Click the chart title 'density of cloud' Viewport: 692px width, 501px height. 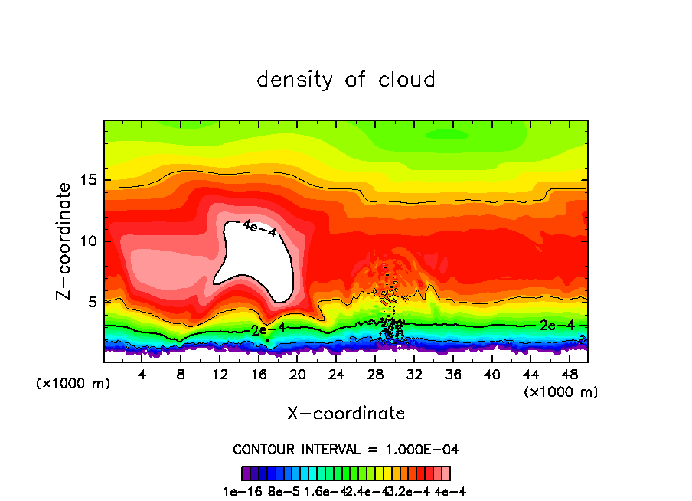tap(345, 80)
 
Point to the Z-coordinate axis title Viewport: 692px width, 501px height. tap(65, 241)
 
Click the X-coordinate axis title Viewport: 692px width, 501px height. tap(345, 414)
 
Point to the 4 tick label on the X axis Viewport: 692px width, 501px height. tap(142, 375)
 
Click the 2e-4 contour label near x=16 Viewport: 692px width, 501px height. tap(268, 329)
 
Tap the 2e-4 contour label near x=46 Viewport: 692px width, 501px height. tap(557, 325)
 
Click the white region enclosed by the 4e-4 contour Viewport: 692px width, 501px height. tap(253, 260)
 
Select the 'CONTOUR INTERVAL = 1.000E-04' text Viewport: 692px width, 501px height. tap(345, 448)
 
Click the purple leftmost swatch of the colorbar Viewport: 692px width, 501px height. tap(246, 473)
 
